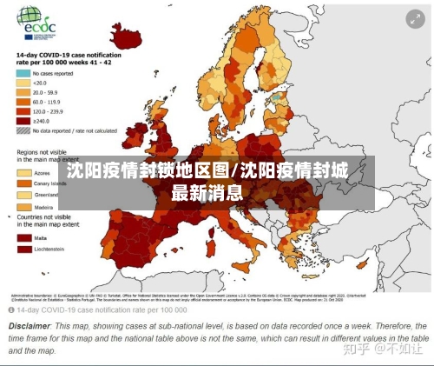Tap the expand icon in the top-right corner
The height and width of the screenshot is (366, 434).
coord(416,17)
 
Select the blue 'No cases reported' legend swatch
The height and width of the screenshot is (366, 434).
coord(22,74)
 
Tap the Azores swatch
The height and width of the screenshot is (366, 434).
coord(22,172)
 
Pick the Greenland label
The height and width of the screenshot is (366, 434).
coord(46,195)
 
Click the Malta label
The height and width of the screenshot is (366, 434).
coord(41,236)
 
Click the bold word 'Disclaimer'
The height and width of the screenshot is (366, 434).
coord(29,326)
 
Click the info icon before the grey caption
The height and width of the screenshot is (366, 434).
coord(13,309)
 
